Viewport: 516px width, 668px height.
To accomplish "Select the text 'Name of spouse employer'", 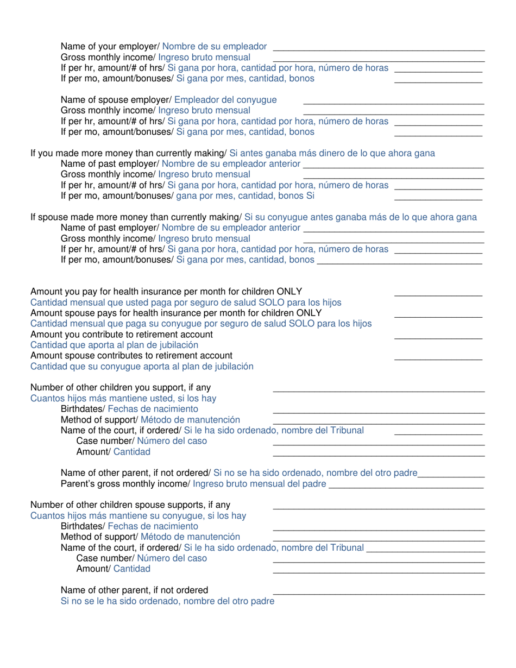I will click(115, 100).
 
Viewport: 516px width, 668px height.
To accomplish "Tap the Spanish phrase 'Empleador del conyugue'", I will click(226, 100).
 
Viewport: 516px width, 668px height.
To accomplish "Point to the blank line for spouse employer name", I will click(393, 103).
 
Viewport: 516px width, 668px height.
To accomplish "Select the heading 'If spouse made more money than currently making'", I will click(136, 217).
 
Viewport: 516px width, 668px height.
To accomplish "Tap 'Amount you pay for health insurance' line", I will click(166, 291).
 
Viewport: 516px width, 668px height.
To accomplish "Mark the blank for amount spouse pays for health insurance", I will click(438, 316).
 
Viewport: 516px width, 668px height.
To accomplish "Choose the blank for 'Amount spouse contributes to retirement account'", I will click(438, 359).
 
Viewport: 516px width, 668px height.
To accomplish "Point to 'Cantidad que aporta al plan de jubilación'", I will click(114, 345).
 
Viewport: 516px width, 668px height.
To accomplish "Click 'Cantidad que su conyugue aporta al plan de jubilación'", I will click(142, 367).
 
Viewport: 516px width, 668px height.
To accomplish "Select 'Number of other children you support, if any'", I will click(121, 387).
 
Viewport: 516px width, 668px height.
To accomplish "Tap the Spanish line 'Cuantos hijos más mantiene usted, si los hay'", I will click(123, 398).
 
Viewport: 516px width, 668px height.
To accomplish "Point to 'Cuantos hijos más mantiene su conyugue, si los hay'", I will click(139, 515).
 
